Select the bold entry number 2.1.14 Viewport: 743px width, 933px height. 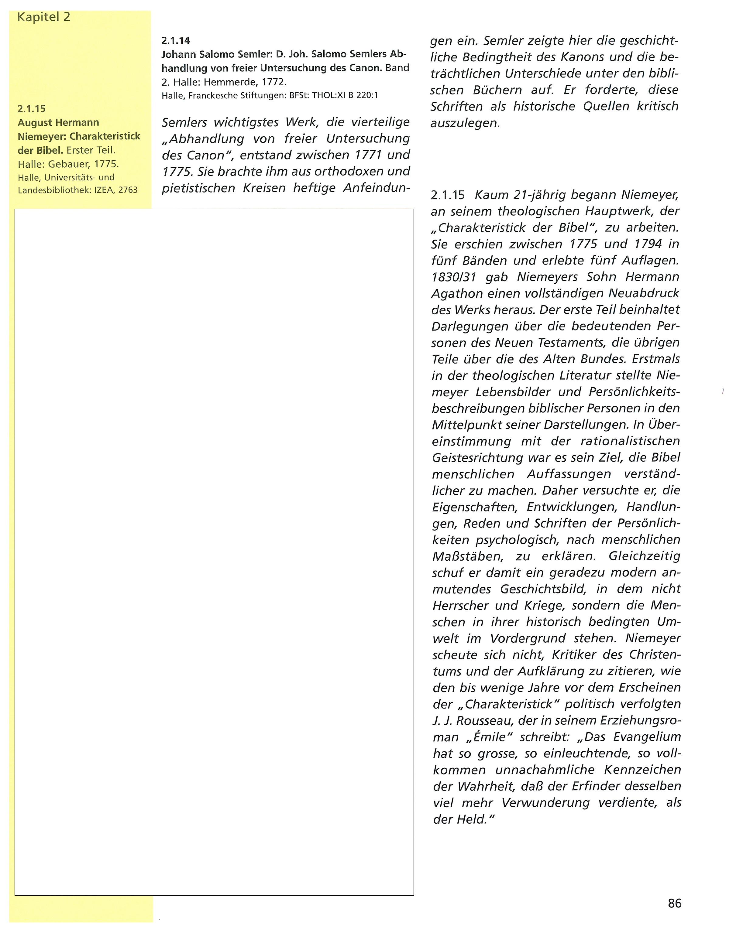175,41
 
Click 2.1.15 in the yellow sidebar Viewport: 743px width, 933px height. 32,109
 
